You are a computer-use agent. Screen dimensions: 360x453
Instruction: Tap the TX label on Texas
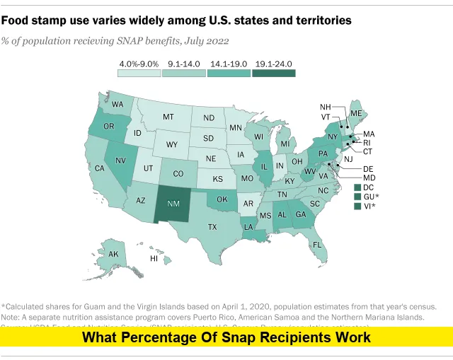(x=212, y=227)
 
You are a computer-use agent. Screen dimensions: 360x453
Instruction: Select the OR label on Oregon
(x=108, y=127)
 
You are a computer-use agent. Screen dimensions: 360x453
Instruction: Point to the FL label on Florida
(x=318, y=245)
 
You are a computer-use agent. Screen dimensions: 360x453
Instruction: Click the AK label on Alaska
(x=113, y=255)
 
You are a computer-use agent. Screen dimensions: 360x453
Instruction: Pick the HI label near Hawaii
(x=154, y=259)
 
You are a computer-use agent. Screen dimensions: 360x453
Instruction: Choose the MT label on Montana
(x=168, y=117)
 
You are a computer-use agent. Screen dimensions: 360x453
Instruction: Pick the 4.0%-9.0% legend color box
(x=138, y=72)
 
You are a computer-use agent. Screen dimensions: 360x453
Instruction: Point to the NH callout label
(x=326, y=108)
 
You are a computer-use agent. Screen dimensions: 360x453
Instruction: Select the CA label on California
(x=100, y=168)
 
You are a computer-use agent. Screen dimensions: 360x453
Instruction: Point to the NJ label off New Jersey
(x=348, y=160)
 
